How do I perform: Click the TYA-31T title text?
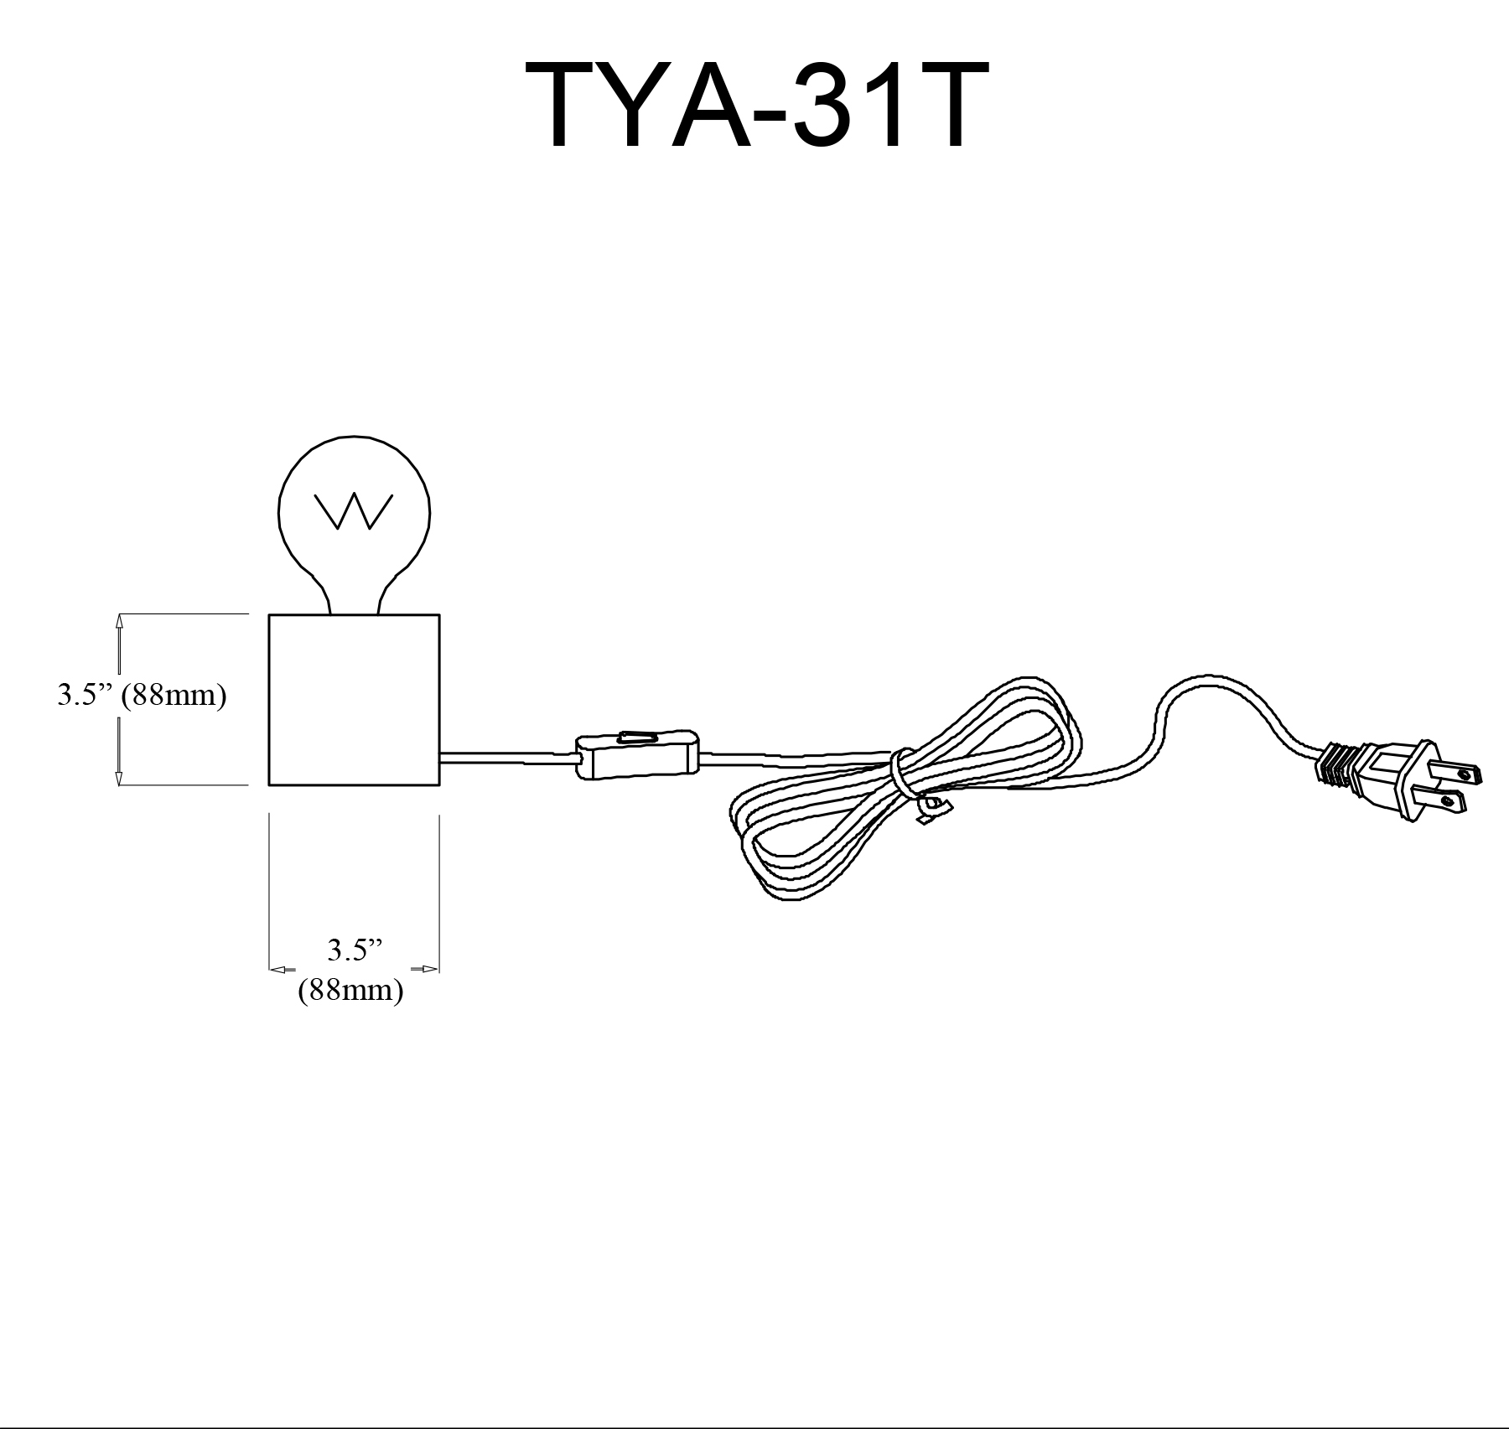[x=757, y=106]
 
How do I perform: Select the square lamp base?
[x=354, y=700]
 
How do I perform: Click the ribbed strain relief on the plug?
[x=1336, y=764]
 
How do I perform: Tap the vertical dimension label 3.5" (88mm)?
[x=142, y=695]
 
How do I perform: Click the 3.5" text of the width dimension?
[x=354, y=950]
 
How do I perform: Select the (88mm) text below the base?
[x=351, y=991]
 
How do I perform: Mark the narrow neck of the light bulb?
[x=355, y=599]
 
